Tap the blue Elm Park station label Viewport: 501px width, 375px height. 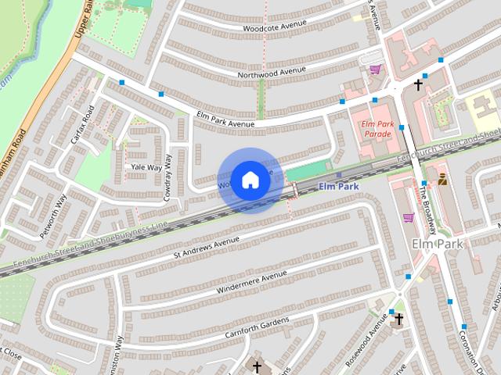point(338,187)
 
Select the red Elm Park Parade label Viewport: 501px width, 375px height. point(377,129)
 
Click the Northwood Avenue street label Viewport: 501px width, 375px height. point(271,72)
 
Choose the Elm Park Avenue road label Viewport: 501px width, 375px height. point(226,119)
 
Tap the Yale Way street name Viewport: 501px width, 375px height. point(146,167)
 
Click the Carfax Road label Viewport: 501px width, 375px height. point(81,124)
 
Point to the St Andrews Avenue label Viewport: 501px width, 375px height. point(207,244)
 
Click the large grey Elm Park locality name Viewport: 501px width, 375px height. point(438,245)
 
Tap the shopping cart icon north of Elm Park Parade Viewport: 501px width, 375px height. point(375,70)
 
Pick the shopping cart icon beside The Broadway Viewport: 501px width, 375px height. point(407,217)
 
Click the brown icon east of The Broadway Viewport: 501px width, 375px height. point(442,179)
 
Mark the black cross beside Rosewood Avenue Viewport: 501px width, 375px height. point(398,319)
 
